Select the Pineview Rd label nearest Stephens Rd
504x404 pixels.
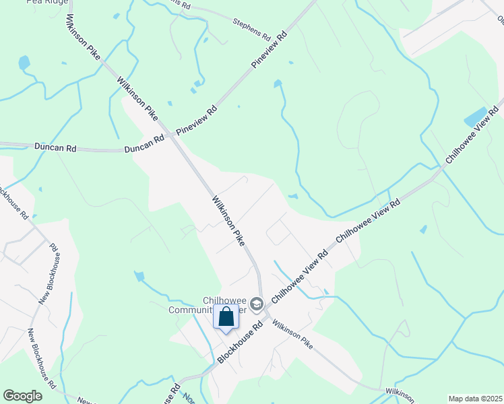270,48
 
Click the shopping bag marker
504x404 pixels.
226,316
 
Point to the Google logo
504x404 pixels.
22,396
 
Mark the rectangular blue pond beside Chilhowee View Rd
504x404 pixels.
476,117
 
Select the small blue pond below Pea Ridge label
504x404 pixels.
24,63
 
